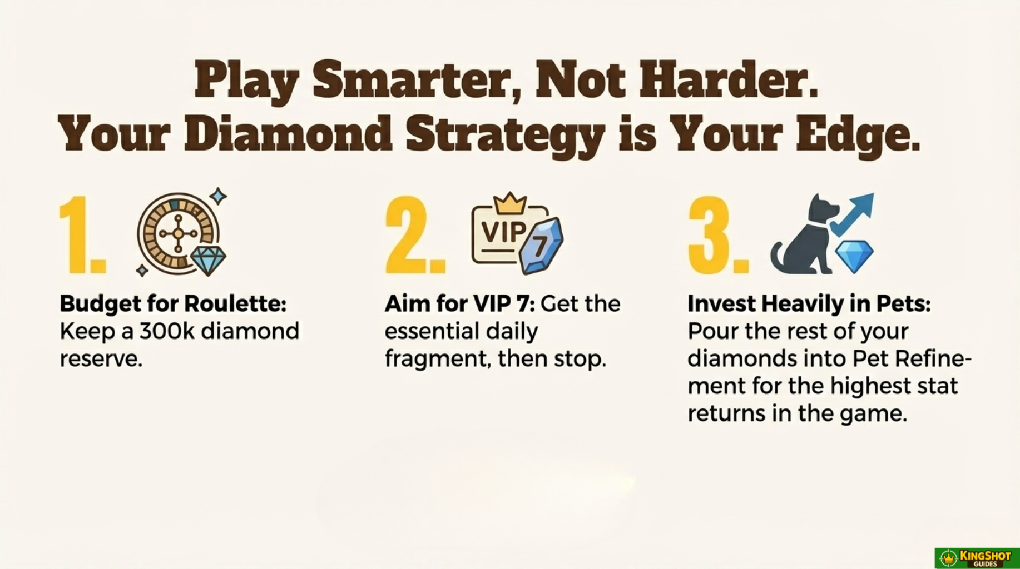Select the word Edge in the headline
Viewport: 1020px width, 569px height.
pyautogui.click(x=858, y=136)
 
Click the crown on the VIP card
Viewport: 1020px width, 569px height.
pyautogui.click(x=510, y=203)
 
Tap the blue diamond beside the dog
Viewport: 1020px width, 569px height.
pyautogui.click(x=854, y=256)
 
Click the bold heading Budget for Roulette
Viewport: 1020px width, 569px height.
pyautogui.click(x=173, y=303)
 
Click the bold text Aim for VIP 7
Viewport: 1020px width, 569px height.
pyautogui.click(x=459, y=303)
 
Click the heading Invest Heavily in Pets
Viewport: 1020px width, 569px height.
pyautogui.click(x=809, y=303)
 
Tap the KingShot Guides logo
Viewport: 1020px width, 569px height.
pyautogui.click(x=977, y=558)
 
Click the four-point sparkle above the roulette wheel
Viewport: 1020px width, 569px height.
pyautogui.click(x=218, y=196)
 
